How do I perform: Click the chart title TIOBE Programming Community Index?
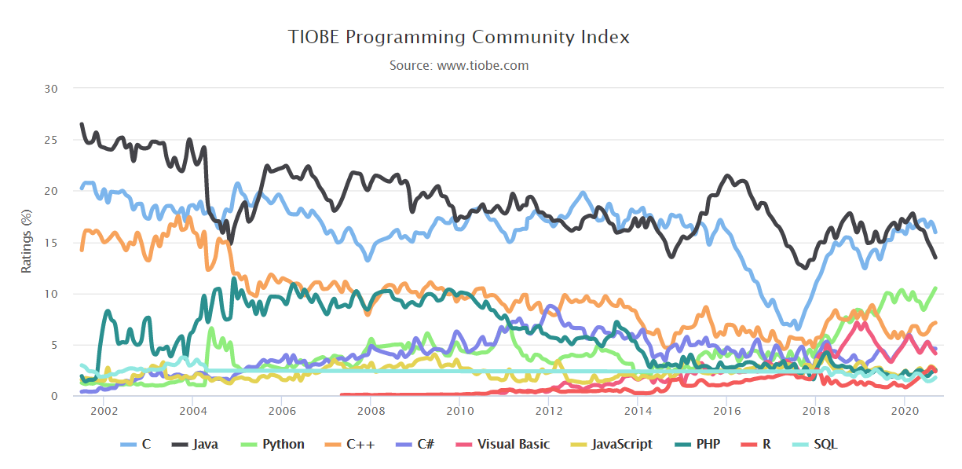pos(459,37)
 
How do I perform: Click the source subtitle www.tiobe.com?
pos(459,65)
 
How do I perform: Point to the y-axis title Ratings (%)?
pos(27,241)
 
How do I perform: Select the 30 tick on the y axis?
pos(50,89)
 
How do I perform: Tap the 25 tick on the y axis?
pos(50,140)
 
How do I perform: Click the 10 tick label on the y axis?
pos(50,294)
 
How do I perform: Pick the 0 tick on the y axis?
pos(54,397)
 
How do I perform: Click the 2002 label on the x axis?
pos(104,410)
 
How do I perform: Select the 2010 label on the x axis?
pos(459,410)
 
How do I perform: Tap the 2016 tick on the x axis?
pos(727,410)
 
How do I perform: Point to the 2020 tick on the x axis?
pos(905,410)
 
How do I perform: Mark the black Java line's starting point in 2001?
pos(81,124)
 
